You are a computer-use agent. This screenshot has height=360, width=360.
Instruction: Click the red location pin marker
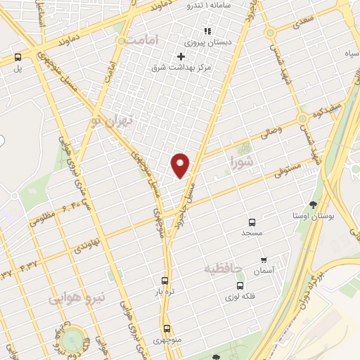(x=181, y=165)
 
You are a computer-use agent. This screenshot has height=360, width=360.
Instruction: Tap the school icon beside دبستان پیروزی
(x=207, y=31)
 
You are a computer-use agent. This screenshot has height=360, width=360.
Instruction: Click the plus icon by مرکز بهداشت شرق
(x=181, y=56)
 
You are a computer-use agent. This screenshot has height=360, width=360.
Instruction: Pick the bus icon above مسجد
(x=252, y=220)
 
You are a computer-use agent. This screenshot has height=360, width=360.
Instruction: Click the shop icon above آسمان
(x=264, y=259)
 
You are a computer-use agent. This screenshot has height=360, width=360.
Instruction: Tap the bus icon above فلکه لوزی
(x=240, y=285)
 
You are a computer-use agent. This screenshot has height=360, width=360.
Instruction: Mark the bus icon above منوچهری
(x=167, y=328)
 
